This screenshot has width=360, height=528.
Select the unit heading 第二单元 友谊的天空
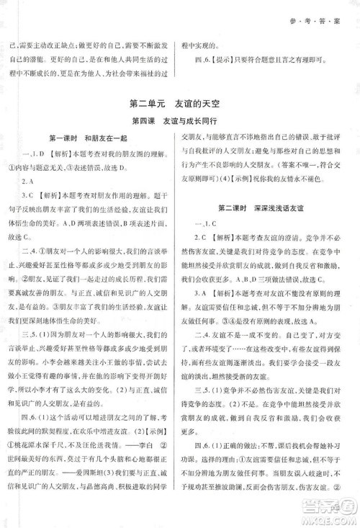click(x=179, y=105)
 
